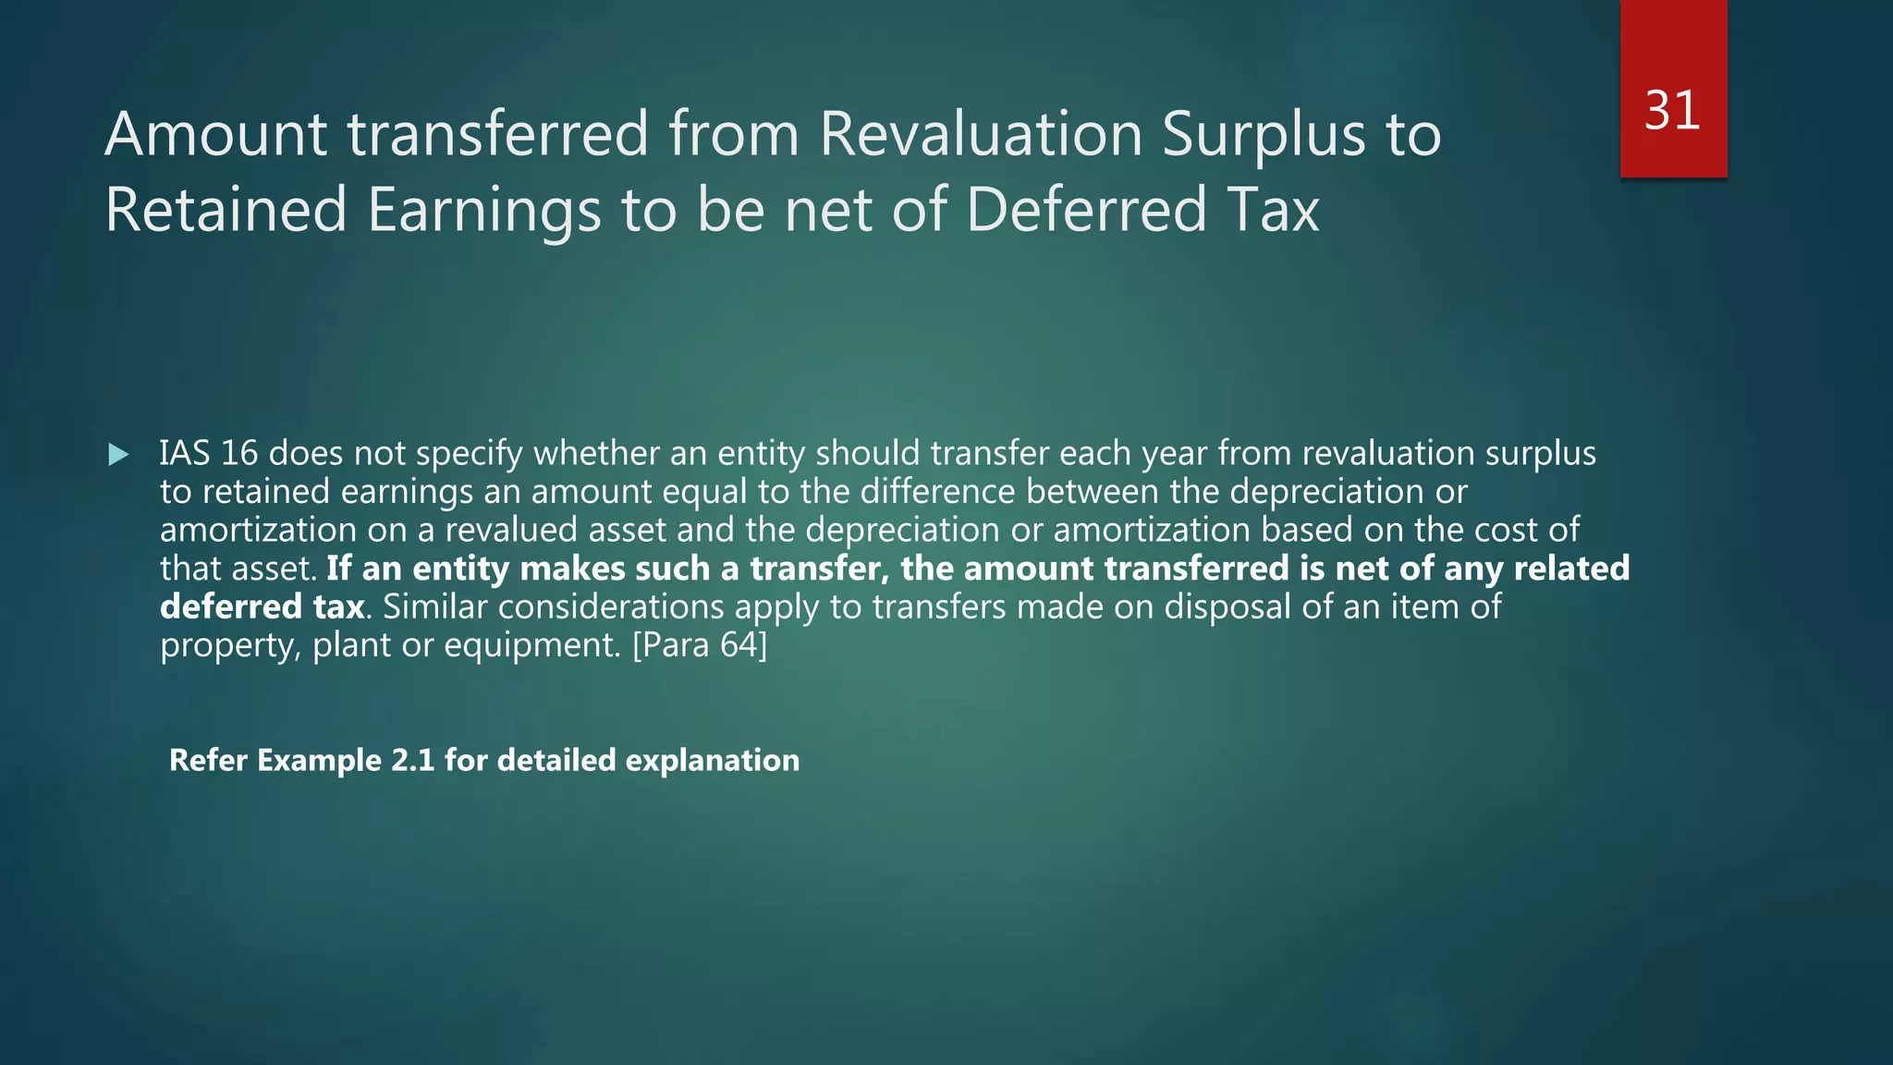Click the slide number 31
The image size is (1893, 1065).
coord(1672,111)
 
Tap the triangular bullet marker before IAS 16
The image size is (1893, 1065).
coord(118,454)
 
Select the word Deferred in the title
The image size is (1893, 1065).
coord(1086,210)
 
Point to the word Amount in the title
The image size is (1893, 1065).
coord(215,134)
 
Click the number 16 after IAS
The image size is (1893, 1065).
coord(239,453)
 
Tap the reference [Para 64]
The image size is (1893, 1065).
coord(699,644)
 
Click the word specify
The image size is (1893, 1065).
coord(470,454)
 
